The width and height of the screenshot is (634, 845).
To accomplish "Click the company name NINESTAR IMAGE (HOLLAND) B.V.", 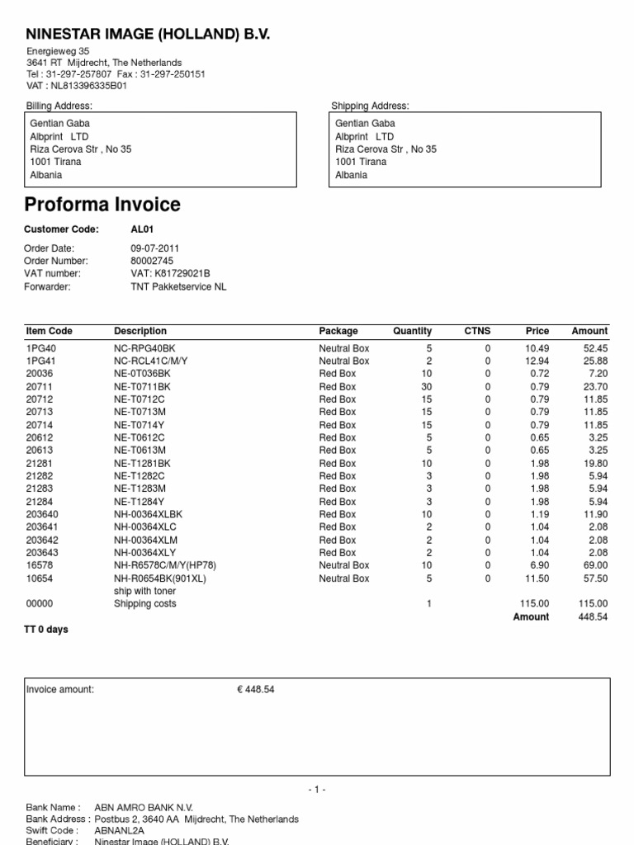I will point(148,34).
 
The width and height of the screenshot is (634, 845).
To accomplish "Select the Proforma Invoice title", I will point(102,205).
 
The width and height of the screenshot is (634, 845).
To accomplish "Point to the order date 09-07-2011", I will point(154,248).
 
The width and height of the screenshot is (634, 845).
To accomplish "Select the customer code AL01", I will point(143,229).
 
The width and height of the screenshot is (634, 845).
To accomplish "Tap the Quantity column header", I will point(412,331).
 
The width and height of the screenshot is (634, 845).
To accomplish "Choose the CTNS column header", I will point(477,331).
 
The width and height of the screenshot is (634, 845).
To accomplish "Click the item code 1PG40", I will point(41,348).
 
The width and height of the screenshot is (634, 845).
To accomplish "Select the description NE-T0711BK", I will point(142,386).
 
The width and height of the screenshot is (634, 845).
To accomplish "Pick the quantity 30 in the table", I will point(426,386).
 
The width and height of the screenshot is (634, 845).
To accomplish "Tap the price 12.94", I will point(537,361).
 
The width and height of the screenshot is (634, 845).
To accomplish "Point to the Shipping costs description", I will point(146,604).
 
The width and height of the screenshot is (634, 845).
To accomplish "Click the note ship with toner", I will point(145,592).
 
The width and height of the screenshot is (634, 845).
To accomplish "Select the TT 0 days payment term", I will point(47,630).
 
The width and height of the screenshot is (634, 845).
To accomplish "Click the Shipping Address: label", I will point(370,106).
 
